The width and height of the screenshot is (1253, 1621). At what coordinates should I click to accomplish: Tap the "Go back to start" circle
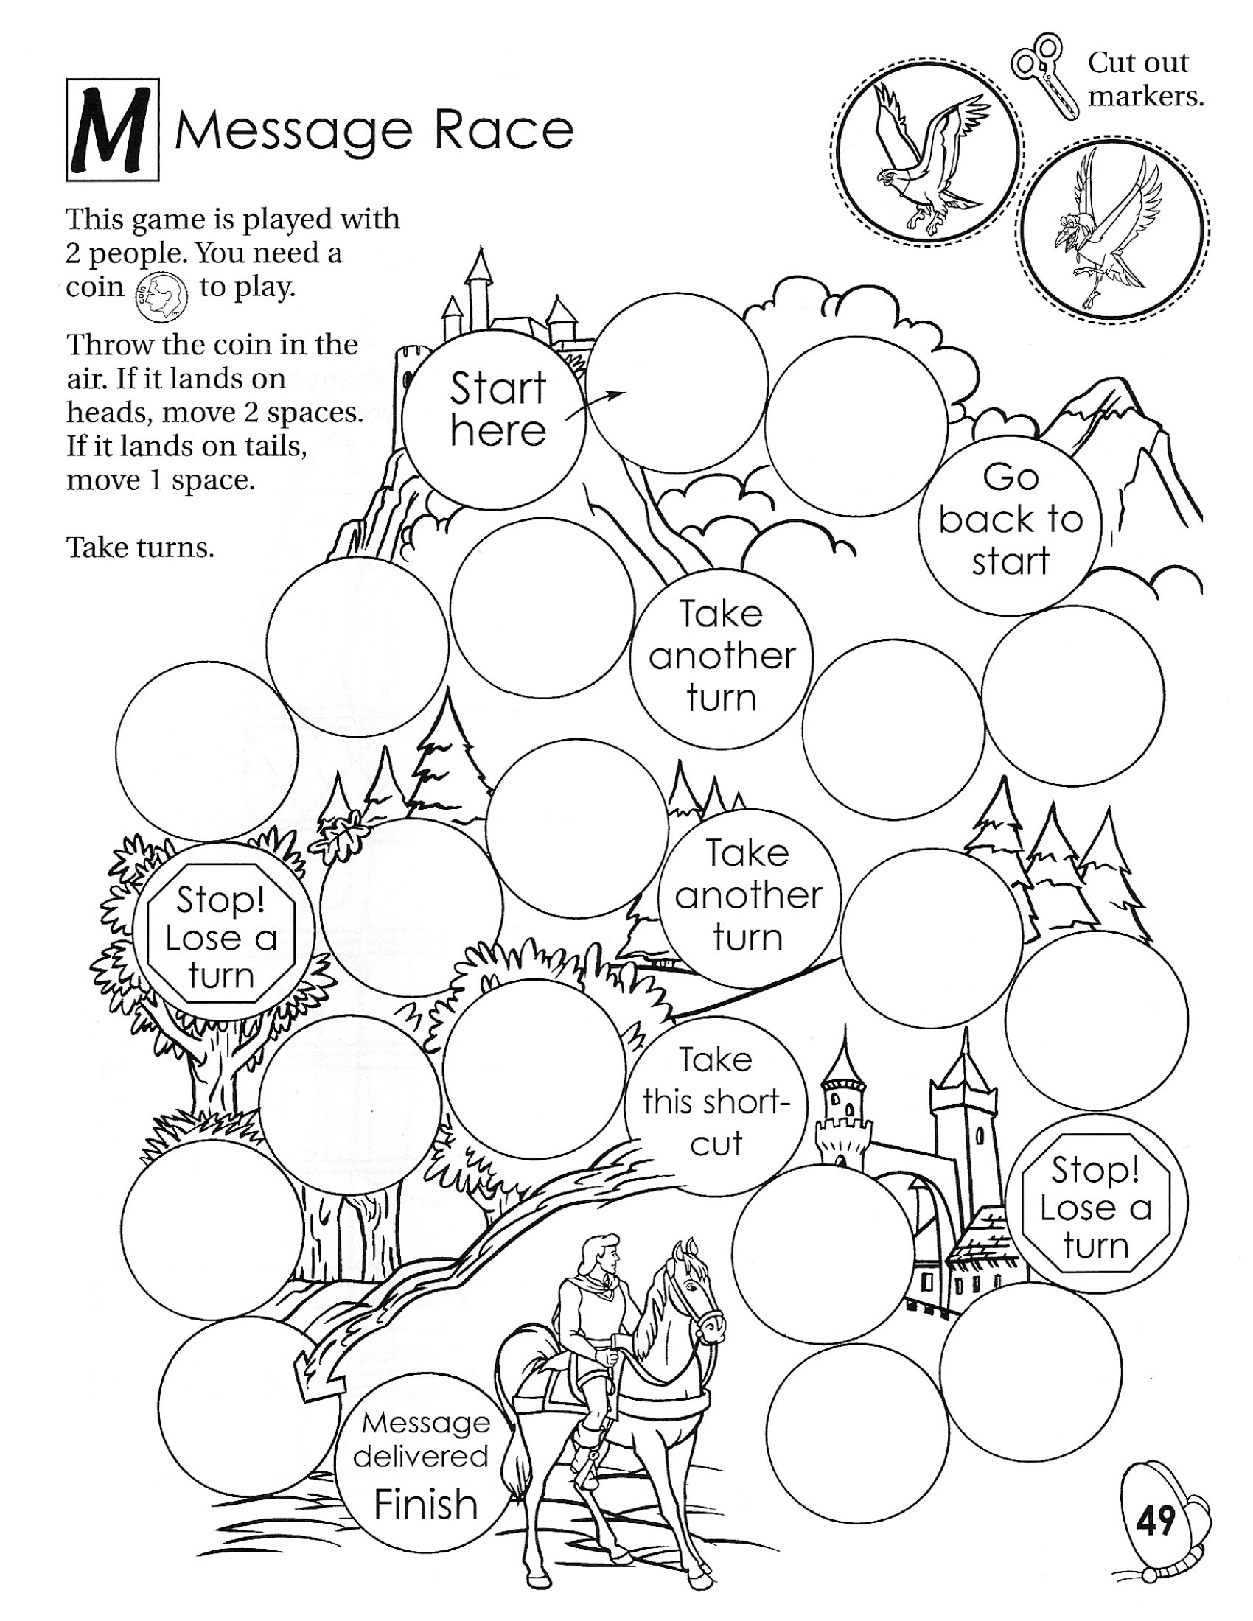(1010, 519)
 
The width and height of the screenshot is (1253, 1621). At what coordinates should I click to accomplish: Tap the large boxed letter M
(112, 131)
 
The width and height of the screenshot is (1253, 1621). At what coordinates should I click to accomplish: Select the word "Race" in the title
(504, 130)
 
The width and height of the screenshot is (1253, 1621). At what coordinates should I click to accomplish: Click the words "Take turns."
(140, 547)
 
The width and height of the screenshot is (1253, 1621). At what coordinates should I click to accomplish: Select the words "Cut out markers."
(1143, 79)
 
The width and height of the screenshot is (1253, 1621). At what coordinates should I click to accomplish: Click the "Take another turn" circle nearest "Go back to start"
(722, 656)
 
